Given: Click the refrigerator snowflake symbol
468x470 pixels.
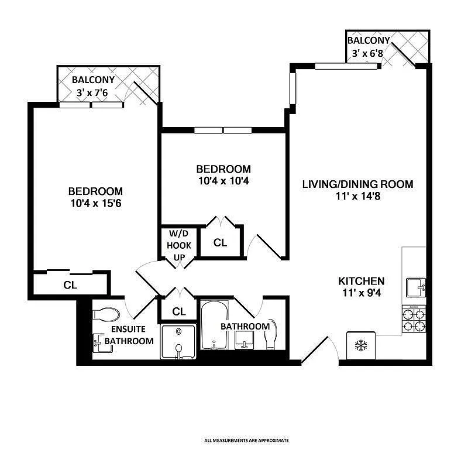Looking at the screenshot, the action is [361, 345].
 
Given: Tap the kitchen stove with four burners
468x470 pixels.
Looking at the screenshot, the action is [414, 319].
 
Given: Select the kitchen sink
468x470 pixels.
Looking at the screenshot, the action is [416, 288].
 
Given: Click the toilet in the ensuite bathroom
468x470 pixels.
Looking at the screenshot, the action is [106, 315].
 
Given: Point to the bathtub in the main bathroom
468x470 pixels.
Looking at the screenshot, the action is [214, 325].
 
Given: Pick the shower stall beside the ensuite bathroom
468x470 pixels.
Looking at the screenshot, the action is [178, 341].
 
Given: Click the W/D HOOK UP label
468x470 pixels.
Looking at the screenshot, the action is [179, 245].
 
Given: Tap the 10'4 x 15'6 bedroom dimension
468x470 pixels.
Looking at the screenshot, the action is [96, 204].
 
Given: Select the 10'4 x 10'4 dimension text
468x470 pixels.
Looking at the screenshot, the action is [223, 181].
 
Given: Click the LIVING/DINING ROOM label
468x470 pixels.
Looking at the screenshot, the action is [358, 184].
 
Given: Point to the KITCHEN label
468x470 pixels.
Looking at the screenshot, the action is [362, 281].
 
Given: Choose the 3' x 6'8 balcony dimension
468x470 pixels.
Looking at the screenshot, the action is [367, 53].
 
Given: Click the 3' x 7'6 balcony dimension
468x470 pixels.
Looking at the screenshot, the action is [92, 92].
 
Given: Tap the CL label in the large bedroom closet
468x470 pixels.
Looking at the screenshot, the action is [70, 285].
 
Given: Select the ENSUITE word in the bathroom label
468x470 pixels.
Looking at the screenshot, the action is [128, 329].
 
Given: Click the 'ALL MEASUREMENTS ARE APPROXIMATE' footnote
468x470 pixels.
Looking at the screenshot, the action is [247, 440].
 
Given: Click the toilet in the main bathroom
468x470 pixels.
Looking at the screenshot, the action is [270, 335].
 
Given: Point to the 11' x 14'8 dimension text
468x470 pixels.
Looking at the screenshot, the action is [358, 196].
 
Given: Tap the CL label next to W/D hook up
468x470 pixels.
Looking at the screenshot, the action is [220, 243].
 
